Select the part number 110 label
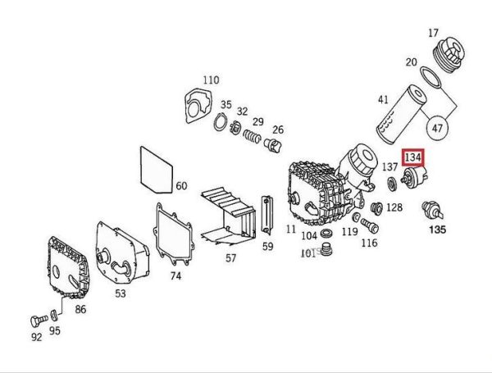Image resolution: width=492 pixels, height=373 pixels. (x=211, y=80)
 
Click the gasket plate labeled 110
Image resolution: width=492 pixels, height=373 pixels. (x=197, y=107)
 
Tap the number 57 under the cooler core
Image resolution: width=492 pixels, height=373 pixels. (x=230, y=257)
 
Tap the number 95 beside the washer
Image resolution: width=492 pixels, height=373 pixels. (x=55, y=331)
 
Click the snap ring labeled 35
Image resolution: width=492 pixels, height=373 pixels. (x=221, y=125)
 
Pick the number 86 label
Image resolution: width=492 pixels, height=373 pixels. (x=80, y=309)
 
